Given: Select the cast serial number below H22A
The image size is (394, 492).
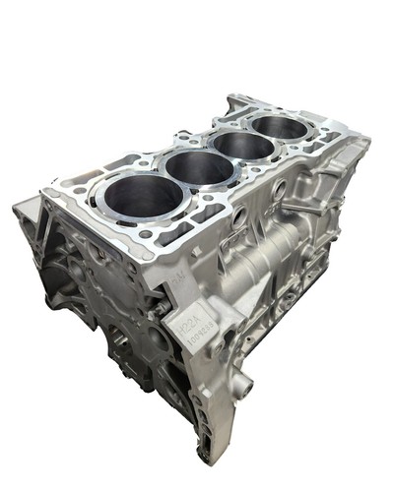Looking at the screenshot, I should pyautogui.click(x=195, y=338).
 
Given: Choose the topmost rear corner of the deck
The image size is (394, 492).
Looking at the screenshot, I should pyautogui.click(x=233, y=96).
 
